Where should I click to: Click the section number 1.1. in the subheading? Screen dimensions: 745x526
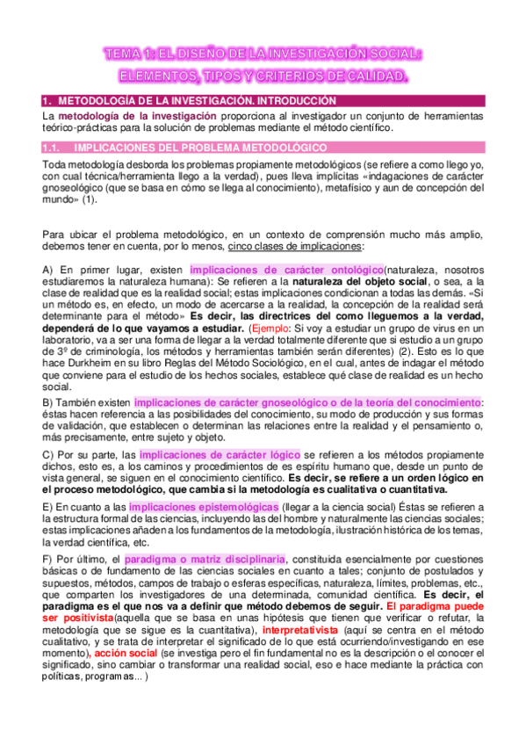click(x=54, y=148)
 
